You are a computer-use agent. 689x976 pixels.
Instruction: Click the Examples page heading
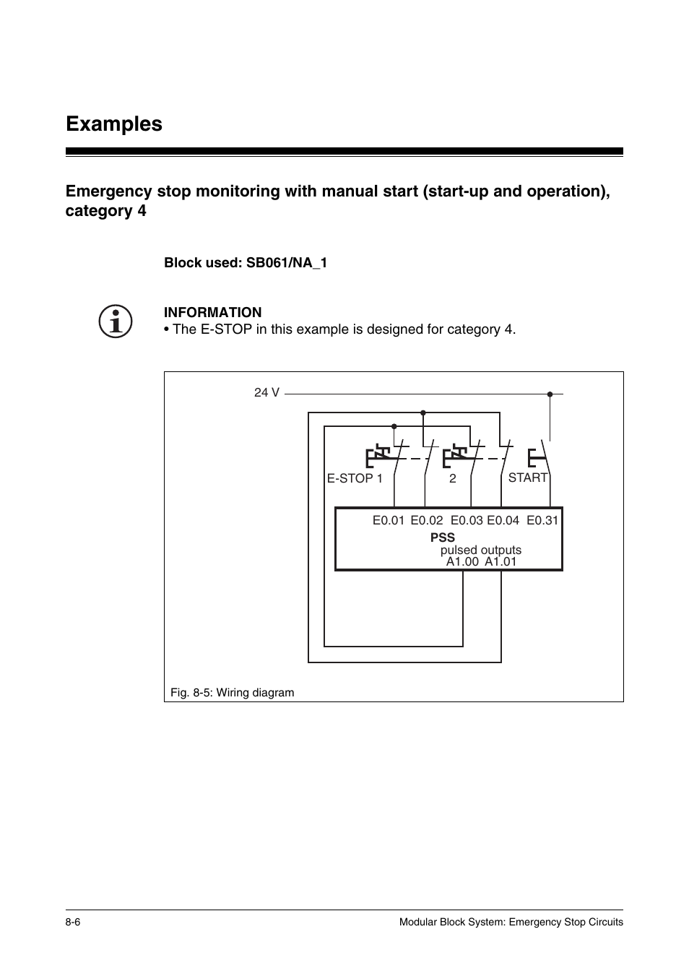click(114, 124)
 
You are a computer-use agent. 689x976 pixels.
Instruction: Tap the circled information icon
click(116, 321)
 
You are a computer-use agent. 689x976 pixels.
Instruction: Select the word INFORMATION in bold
click(212, 313)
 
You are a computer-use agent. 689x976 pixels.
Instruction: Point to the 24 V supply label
click(266, 392)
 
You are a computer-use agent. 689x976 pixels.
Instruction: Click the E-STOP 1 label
click(355, 478)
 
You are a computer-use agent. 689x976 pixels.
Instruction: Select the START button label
click(528, 478)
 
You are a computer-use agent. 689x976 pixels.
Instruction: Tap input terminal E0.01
click(389, 520)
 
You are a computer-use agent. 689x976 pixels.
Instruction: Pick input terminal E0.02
click(427, 520)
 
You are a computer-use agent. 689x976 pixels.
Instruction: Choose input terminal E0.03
click(467, 520)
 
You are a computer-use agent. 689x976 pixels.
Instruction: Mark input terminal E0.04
click(503, 520)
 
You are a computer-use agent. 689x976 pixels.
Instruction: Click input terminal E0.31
click(542, 520)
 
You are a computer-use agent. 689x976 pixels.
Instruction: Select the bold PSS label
click(443, 537)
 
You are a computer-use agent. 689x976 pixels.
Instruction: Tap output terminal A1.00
click(462, 561)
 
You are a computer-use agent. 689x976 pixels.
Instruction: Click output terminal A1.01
click(500, 561)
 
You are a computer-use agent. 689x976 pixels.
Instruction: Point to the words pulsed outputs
click(481, 550)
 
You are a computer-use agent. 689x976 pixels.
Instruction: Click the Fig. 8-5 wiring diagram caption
click(233, 693)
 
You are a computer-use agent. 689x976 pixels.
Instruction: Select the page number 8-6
click(73, 922)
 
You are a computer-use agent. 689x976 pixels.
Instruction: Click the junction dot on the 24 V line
click(550, 394)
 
